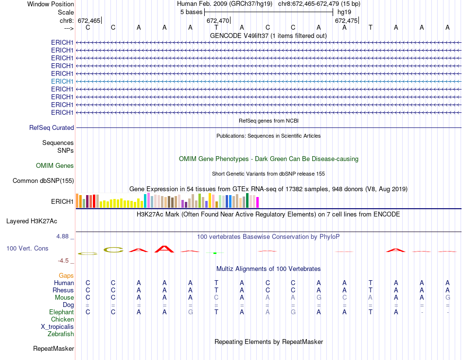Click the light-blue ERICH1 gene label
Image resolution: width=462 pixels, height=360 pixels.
[x=62, y=81]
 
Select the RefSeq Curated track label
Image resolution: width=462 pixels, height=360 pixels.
[x=52, y=127]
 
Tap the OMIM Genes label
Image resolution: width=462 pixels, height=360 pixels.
[x=55, y=165]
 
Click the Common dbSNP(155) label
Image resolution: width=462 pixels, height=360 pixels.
[x=43, y=181]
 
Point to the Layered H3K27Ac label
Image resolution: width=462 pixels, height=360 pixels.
[x=32, y=221]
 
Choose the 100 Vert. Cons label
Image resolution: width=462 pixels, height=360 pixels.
[x=27, y=248]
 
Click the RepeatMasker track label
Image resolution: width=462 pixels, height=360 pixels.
[x=53, y=348]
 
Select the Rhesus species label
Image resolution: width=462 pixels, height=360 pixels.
[x=63, y=290]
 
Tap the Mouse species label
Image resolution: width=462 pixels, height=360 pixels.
[x=64, y=297]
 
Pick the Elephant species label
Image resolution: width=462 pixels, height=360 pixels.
[x=61, y=312]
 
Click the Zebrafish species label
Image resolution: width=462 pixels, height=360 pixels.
[x=61, y=334]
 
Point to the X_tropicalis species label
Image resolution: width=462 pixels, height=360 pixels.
[x=57, y=326]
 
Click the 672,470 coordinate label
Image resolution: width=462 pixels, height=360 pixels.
[x=217, y=20]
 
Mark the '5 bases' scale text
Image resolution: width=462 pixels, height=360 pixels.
[x=191, y=12]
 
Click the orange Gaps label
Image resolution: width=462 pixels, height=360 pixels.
[x=66, y=275]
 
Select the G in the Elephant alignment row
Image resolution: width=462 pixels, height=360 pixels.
[x=190, y=312]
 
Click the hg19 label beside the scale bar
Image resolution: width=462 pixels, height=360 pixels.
[x=344, y=12]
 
